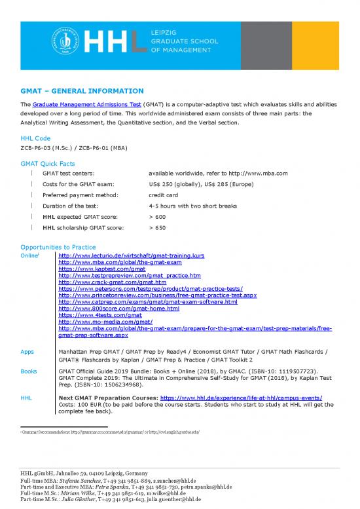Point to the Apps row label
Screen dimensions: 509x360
(x=27, y=352)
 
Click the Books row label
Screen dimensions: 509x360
(x=29, y=371)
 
